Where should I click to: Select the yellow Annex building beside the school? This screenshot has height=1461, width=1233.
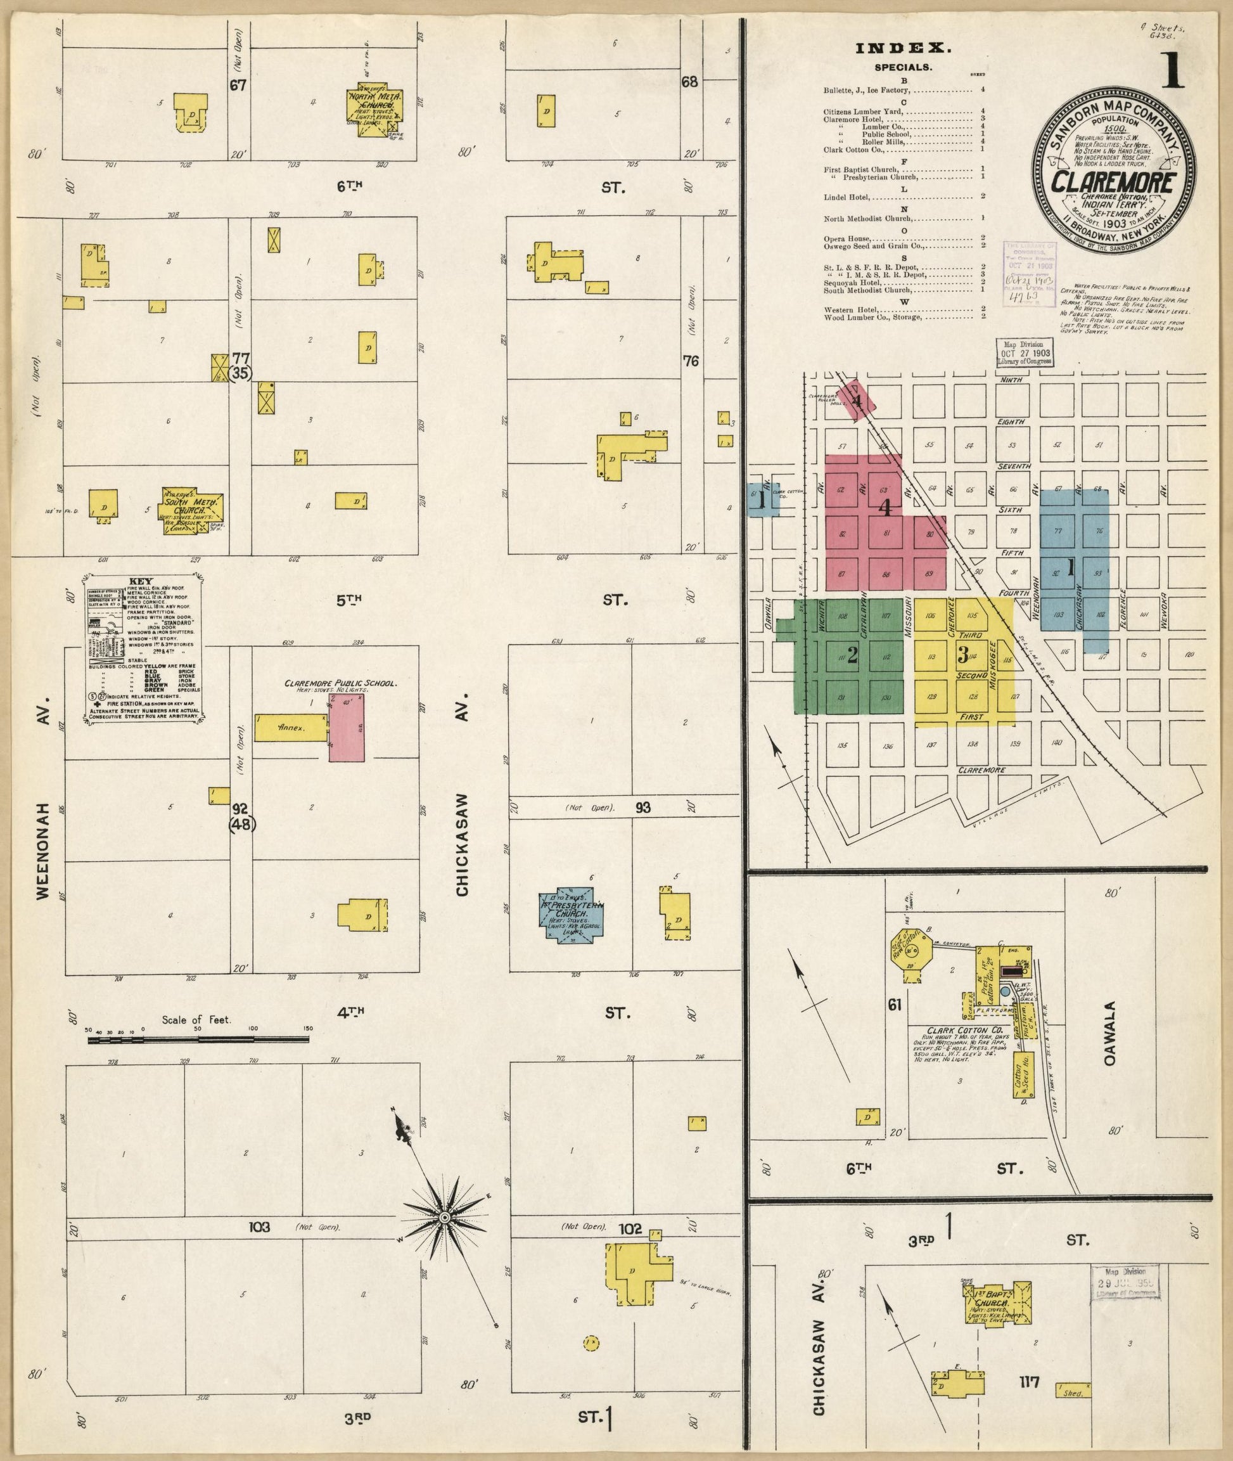(x=290, y=728)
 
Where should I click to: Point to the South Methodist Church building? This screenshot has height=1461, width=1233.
(x=191, y=510)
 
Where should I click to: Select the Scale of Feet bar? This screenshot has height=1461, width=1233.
(x=198, y=1040)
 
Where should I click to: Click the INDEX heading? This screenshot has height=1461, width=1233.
(x=903, y=48)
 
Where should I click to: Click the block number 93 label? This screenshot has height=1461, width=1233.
(x=643, y=807)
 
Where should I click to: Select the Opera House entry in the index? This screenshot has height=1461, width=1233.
(x=846, y=238)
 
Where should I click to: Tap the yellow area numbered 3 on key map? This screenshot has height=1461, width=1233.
(x=962, y=655)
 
